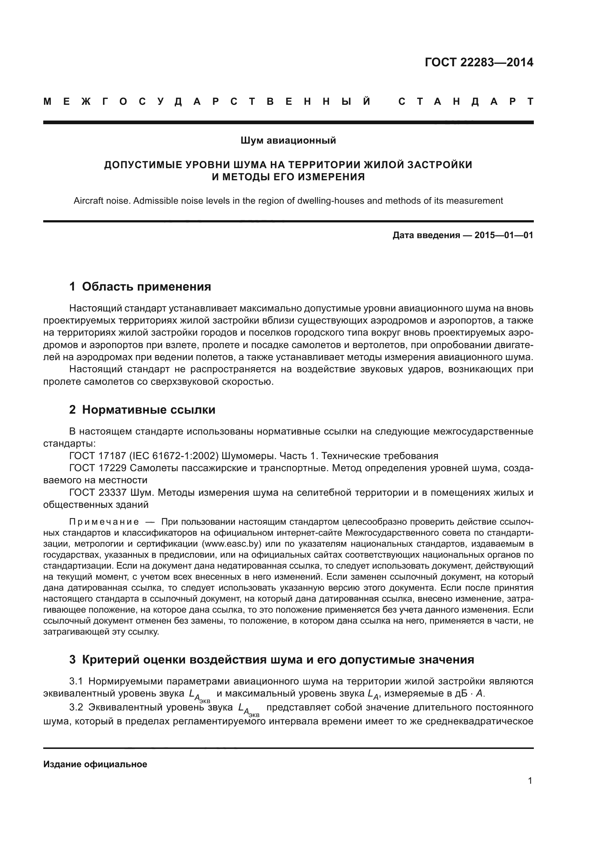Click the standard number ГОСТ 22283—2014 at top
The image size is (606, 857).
(479, 62)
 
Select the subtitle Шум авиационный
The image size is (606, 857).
(288, 140)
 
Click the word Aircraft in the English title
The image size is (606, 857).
(88, 201)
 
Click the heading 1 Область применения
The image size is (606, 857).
(140, 287)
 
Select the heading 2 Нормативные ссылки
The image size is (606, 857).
(142, 410)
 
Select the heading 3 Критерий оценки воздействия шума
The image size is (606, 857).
(271, 660)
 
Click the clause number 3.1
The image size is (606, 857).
(76, 681)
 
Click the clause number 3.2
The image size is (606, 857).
(76, 707)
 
